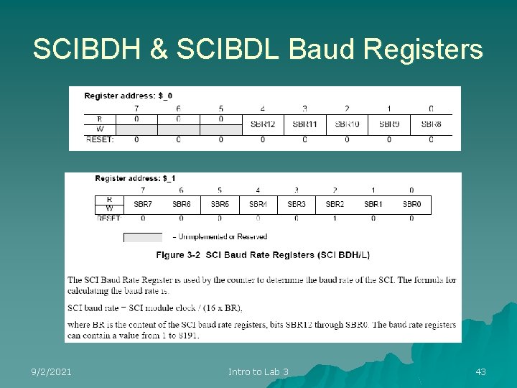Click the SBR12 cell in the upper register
coord(263,124)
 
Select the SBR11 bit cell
coord(304,124)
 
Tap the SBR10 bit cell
coord(347,124)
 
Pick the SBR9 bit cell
coord(389,124)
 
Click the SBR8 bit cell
coord(431,124)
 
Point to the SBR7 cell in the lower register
coord(143,204)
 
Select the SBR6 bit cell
coord(181,204)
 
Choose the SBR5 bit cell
coord(220,204)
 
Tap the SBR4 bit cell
coord(258,204)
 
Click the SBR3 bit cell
coord(297,204)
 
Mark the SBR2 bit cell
coord(335,204)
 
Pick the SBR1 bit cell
coord(373,204)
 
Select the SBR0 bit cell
coord(411,204)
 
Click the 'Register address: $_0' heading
coord(128,96)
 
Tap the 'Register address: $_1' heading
coord(135,177)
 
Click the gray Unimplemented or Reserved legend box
coord(143,237)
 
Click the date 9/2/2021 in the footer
coord(51,371)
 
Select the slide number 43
coord(480,371)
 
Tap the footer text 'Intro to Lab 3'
coord(258,371)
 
